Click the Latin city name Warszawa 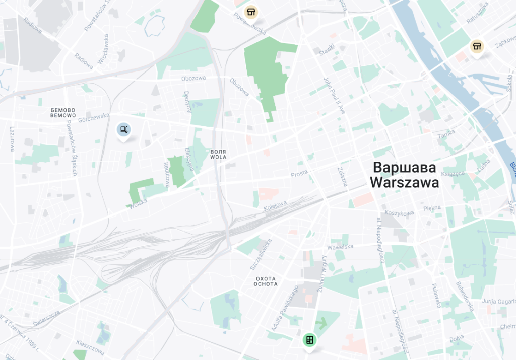coord(404,183)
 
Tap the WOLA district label coord(218,157)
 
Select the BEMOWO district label coord(63,116)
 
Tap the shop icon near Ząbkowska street coord(477,47)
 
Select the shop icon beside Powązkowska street coord(250,12)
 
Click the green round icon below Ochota coord(309,340)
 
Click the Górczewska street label coord(94,116)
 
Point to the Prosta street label coord(299,174)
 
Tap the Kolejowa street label coord(275,204)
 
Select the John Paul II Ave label coord(333,96)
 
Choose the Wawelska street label coord(340,247)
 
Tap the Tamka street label coord(446,134)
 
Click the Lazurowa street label coord(12,139)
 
